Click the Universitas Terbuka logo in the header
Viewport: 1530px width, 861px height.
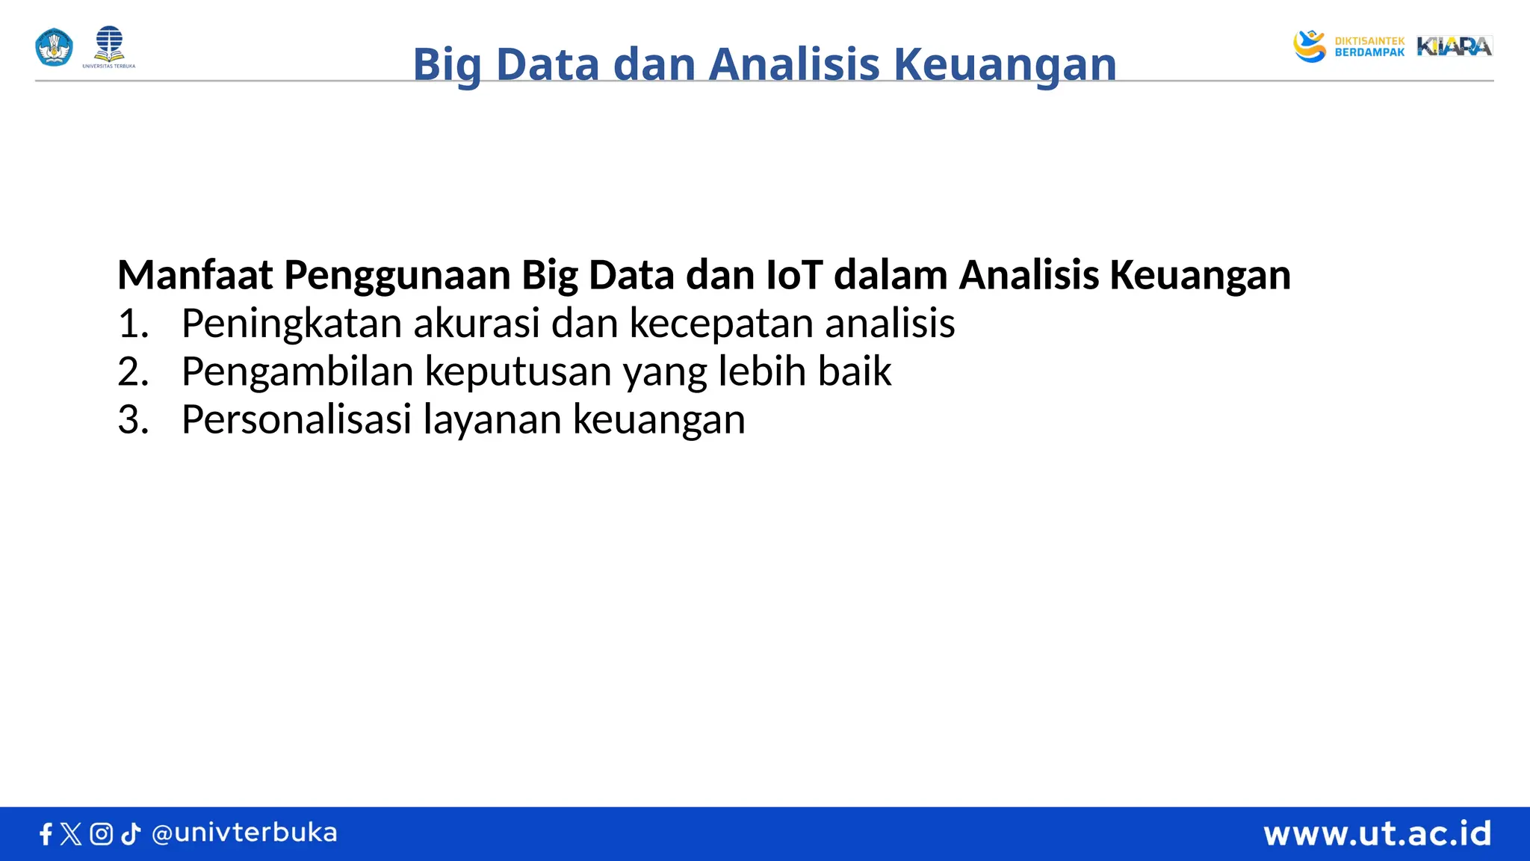click(109, 46)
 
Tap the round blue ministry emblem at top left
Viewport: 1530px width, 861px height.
click(54, 47)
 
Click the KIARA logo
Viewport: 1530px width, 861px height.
click(1454, 46)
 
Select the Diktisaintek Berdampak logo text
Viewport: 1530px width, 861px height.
click(1369, 47)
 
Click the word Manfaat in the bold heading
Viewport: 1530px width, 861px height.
click(195, 275)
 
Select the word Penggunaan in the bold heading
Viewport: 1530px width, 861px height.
click(397, 275)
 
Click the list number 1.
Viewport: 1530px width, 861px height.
click(132, 324)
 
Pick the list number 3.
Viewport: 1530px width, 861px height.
click(132, 419)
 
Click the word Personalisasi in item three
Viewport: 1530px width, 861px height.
click(297, 419)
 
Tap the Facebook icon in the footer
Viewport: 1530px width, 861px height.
click(46, 834)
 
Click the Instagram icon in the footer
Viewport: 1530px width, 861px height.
click(101, 834)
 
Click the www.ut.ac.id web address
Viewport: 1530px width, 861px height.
click(1377, 833)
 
